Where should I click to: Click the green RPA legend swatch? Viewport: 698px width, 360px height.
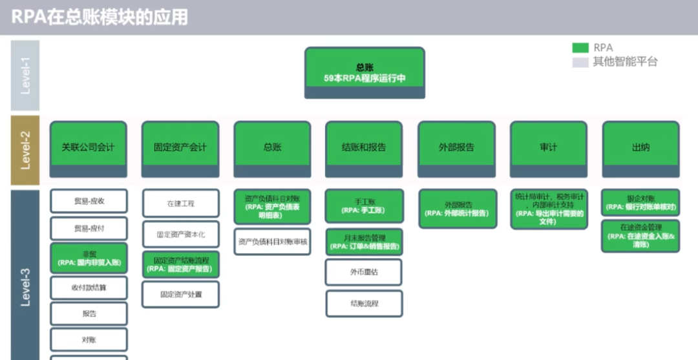click(580, 48)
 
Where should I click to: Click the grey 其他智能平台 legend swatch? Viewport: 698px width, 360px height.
click(580, 62)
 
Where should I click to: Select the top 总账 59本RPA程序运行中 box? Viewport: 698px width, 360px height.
click(365, 72)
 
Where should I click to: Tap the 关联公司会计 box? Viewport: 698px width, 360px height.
click(89, 148)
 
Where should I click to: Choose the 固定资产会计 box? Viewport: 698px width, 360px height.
click(180, 148)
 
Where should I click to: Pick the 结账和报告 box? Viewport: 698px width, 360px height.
click(364, 148)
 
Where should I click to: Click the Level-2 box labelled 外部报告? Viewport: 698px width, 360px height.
click(456, 148)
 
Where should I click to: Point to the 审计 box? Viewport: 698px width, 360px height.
click(548, 148)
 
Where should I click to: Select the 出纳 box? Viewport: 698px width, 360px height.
click(640, 148)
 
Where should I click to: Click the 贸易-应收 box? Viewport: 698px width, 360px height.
click(89, 201)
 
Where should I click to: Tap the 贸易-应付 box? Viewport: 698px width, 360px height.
click(89, 229)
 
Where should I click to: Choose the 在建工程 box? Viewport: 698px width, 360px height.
click(180, 204)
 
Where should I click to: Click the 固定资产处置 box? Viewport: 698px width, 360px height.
click(180, 294)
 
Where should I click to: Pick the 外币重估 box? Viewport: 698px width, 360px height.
click(364, 272)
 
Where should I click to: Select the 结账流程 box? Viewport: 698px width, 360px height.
click(364, 303)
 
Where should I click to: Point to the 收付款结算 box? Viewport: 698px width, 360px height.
click(89, 287)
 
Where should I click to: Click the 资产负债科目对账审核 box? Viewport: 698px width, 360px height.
click(272, 242)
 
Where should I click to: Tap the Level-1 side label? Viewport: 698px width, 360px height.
click(25, 76)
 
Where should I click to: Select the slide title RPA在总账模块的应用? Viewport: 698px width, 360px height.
click(100, 17)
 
